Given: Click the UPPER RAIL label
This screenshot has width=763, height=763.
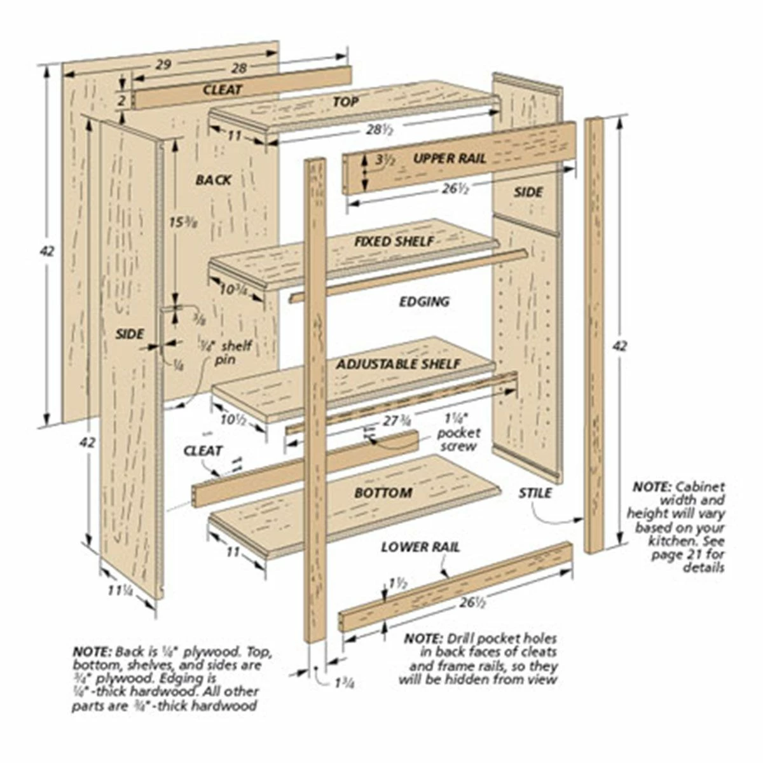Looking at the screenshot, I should click(x=450, y=158).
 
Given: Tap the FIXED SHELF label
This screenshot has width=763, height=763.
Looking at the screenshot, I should click(x=394, y=241).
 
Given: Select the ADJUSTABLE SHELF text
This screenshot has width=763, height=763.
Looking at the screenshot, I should click(x=398, y=364).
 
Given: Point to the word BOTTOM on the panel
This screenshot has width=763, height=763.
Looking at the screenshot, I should click(x=383, y=492).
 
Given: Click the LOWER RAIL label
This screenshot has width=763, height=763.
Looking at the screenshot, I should click(x=421, y=547).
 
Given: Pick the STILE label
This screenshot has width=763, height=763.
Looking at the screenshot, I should click(x=535, y=493).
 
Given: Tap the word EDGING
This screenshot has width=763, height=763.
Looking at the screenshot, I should click(x=424, y=301).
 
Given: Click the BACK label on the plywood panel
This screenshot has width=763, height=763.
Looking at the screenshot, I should click(x=214, y=180).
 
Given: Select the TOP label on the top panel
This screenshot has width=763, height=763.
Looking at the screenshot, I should click(x=345, y=101).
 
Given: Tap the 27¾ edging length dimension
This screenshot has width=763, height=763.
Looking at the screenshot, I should click(x=396, y=420).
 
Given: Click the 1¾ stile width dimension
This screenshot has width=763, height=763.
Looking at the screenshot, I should click(x=344, y=684).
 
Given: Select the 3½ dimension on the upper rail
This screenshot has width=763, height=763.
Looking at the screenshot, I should click(x=385, y=161).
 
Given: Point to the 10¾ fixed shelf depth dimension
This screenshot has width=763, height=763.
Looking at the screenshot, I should click(x=233, y=289).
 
